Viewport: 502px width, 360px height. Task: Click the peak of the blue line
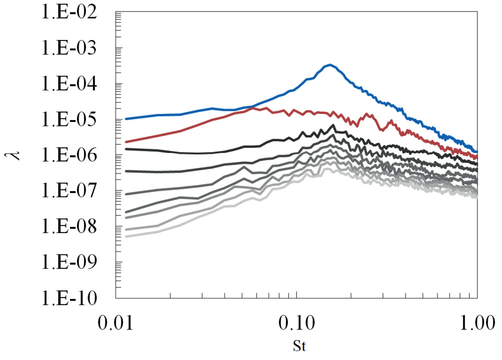[330, 65]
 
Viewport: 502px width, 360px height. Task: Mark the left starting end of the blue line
[126, 118]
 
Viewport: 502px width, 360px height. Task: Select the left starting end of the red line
[126, 142]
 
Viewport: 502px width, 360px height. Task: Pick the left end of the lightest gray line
[126, 236]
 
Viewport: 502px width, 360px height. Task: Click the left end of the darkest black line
[126, 149]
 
